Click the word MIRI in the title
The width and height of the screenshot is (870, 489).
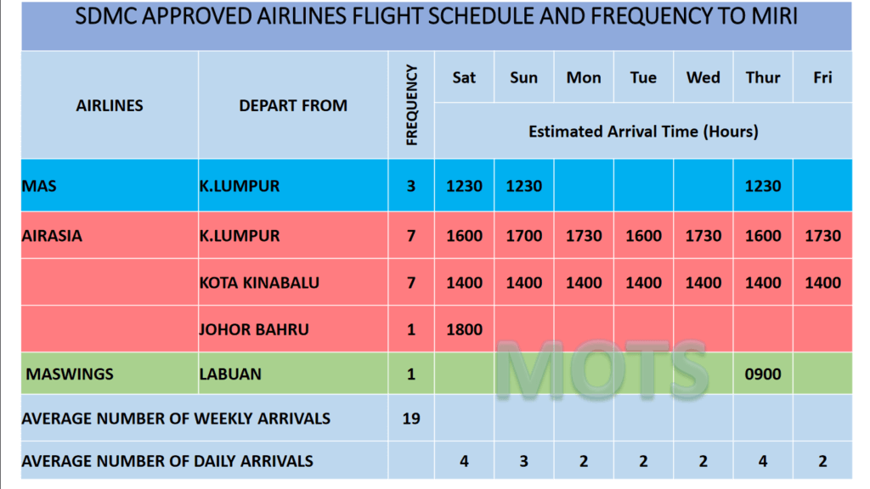pos(775,17)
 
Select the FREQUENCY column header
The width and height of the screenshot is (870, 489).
pos(411,105)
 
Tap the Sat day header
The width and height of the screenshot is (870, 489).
pos(464,77)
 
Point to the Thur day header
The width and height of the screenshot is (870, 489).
pos(763,77)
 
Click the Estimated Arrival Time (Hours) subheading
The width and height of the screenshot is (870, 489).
pos(643,132)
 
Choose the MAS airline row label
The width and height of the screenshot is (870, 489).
pos(39,186)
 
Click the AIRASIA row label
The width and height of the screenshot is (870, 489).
pos(52,236)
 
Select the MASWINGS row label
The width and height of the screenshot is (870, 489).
pos(70,374)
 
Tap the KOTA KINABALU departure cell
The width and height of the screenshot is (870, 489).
pos(259,283)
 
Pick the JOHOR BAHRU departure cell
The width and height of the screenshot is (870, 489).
pos(254,329)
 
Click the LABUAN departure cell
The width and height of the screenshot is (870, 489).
pos(230,374)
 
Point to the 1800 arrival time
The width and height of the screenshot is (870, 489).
pos(465,329)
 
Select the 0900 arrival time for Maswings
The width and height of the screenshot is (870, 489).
pos(763,374)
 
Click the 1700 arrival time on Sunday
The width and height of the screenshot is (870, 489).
pos(523,236)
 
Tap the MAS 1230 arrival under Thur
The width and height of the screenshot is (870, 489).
pos(763,186)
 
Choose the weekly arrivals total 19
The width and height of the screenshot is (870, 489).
pos(411,419)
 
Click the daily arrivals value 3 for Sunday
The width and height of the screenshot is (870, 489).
pos(523,461)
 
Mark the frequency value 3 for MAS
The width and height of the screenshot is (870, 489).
pos(411,186)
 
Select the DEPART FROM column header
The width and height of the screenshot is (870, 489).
pos(293,105)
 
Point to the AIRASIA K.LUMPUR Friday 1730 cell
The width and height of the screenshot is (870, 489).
pos(822,236)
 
